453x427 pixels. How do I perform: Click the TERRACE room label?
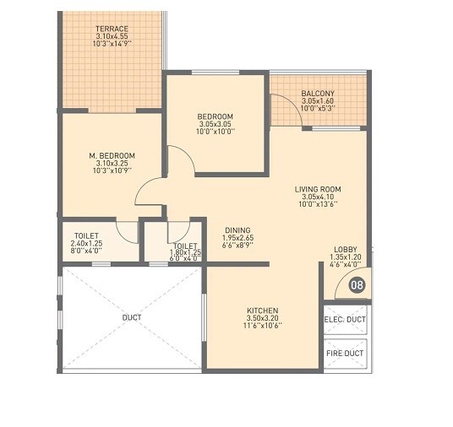[111, 28]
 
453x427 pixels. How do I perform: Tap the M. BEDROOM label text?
[112, 156]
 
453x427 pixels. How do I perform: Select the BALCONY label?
[318, 94]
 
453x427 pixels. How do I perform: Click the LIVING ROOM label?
[318, 189]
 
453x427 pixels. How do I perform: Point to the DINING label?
[237, 230]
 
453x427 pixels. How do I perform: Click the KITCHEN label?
[263, 311]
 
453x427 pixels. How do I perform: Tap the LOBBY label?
[345, 248]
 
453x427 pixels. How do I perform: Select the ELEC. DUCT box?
[345, 319]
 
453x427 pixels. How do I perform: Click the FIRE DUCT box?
[345, 354]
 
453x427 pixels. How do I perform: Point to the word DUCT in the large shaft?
[131, 317]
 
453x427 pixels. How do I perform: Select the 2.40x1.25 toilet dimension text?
[86, 244]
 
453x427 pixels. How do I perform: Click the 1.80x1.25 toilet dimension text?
[185, 251]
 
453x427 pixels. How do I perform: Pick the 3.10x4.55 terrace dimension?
[111, 36]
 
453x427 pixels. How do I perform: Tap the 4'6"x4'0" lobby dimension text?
[345, 263]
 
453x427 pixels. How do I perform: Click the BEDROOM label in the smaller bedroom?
[216, 116]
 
